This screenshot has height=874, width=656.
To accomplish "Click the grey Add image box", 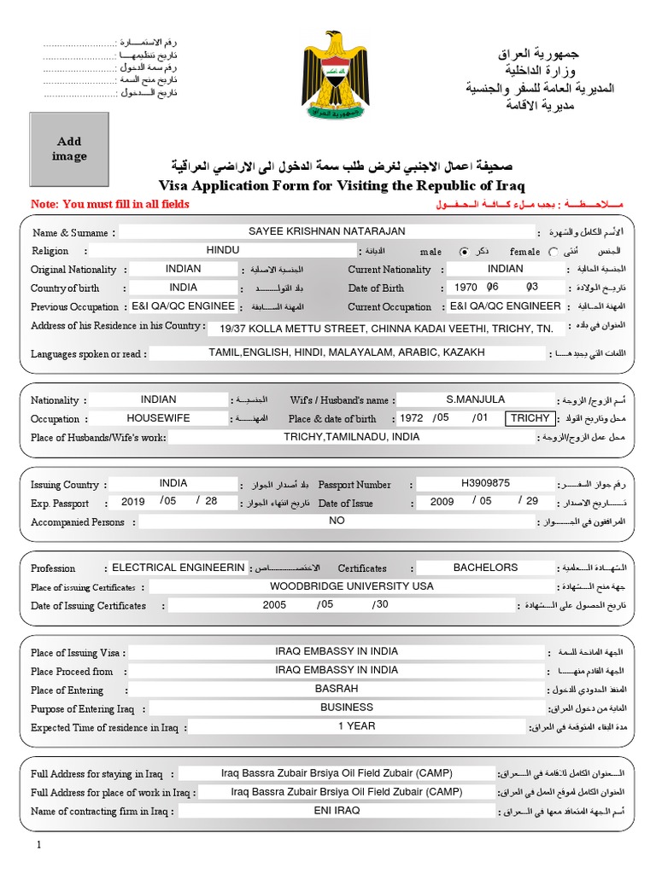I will click(69, 149).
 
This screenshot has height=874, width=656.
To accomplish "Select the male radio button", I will click(464, 252).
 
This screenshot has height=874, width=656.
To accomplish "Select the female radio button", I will click(553, 252).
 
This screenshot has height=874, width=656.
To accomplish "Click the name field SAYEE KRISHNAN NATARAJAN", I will click(327, 231).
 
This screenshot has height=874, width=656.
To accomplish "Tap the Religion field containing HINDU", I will click(223, 250).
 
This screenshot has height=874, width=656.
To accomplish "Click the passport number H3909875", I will click(485, 484).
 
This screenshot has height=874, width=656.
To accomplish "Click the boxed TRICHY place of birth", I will click(530, 418).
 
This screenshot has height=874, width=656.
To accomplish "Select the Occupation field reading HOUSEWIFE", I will click(158, 418).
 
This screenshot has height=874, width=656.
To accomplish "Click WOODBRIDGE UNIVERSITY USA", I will click(351, 586).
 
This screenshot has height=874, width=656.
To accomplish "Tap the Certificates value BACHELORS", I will click(485, 568).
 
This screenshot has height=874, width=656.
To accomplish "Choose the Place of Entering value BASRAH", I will click(337, 689).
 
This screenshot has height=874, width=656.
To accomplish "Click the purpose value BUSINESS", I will click(346, 708).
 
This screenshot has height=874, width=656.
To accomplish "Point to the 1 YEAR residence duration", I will click(356, 726).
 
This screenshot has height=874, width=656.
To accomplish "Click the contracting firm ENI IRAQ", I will click(337, 810).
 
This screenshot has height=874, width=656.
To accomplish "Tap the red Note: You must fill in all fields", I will click(110, 205).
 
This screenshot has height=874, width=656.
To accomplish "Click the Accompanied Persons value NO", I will click(337, 521).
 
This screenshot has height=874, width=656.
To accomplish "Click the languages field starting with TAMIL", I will click(346, 353).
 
